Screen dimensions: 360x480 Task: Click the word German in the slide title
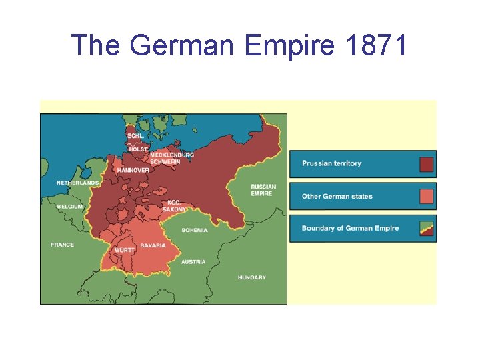click(x=184, y=45)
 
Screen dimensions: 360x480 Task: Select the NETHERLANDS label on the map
click(x=78, y=183)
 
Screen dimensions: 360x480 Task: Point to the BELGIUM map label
click(x=70, y=207)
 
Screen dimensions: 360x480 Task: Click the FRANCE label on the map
click(x=62, y=245)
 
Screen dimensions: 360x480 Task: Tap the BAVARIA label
click(x=153, y=245)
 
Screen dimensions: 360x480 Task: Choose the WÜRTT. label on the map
click(x=124, y=250)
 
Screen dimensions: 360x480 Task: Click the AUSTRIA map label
click(x=193, y=262)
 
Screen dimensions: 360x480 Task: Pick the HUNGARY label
click(x=252, y=277)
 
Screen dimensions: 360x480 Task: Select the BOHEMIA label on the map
click(x=195, y=231)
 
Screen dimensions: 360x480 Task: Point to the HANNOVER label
click(x=133, y=170)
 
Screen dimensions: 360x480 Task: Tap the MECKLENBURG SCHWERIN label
click(x=171, y=158)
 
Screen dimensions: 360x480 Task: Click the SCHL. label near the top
click(x=135, y=136)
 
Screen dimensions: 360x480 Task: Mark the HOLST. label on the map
click(x=137, y=149)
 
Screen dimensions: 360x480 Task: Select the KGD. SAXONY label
click(x=175, y=206)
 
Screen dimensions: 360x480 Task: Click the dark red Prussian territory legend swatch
click(x=426, y=164)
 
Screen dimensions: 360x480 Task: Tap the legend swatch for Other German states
click(x=426, y=196)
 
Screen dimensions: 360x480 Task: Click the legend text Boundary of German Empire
click(x=350, y=228)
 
